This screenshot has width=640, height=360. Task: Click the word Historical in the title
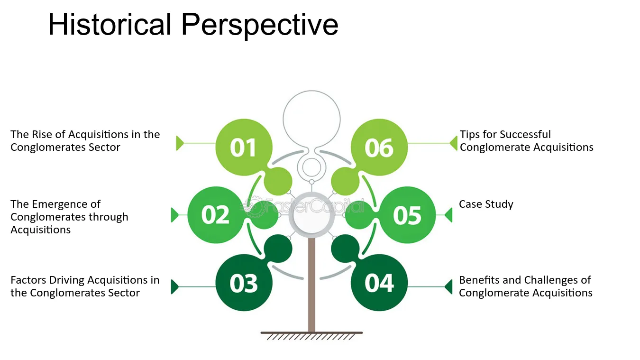110,25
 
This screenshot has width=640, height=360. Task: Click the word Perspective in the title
260,26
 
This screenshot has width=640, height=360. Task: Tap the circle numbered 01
244,147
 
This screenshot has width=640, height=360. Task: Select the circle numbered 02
216,215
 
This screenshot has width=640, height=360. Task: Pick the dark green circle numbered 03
244,283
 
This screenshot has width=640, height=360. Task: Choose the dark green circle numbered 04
379,283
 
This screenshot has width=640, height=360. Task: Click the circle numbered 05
407,215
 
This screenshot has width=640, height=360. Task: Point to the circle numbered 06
379,147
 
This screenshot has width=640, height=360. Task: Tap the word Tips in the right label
469,135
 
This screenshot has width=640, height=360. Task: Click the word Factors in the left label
28,280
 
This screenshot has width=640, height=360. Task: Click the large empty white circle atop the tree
312,119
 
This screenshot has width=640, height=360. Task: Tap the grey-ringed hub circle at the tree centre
312,215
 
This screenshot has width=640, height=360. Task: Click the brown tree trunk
312,285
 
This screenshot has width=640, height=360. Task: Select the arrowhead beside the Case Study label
449,215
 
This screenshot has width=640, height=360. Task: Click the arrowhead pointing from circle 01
180,143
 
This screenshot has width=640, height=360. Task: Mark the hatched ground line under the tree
312,336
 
